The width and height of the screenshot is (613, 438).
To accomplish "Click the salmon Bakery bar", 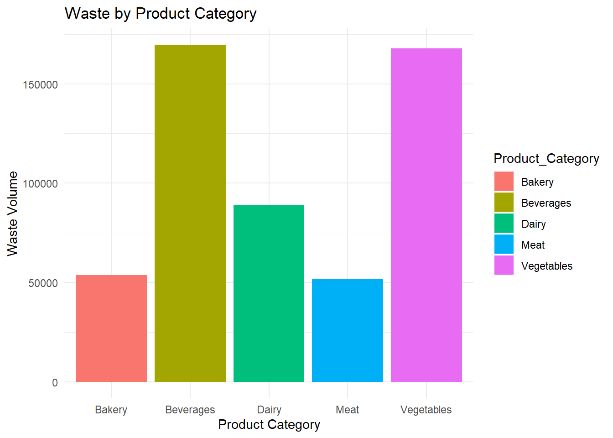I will pos(111,328).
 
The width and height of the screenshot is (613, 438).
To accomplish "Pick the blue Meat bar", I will pos(348,330).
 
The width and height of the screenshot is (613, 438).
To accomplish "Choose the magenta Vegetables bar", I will pos(426,215).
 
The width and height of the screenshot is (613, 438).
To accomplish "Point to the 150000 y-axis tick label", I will pos(41,85).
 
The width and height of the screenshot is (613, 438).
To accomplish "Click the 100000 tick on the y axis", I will pos(41,184).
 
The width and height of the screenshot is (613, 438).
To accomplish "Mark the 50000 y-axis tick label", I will pos(43,283).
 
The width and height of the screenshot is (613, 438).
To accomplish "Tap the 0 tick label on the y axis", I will pos(55,383).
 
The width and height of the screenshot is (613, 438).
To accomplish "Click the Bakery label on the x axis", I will pos(111,410).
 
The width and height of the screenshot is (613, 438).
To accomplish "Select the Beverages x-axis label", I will pos(190,410).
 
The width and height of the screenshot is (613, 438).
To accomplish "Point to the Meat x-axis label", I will pos(348,410).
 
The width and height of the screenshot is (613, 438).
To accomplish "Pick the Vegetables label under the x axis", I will pos(426,410).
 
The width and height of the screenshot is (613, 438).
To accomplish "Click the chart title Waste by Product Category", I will pos(161,14).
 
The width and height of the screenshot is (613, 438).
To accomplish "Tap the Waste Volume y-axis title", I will pos(13,214).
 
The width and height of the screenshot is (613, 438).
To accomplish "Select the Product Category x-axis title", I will pos(269,424).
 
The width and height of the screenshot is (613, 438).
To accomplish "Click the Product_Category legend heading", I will pos(546,158).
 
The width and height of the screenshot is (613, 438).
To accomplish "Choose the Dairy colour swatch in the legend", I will pos(504,224).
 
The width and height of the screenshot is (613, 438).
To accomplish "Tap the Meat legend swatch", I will pos(504,245).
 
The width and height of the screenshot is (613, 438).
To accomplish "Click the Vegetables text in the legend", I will pos(546,266).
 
